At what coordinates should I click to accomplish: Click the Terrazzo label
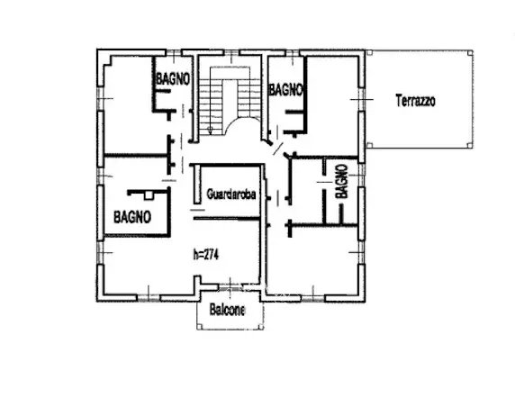[x=415, y=101]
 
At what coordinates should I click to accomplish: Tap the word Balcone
[x=227, y=310]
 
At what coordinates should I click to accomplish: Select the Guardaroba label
[x=231, y=194]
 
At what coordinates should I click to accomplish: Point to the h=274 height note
[x=206, y=255]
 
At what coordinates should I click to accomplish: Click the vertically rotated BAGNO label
[x=341, y=181]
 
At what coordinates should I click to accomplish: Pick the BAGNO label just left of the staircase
[x=173, y=79]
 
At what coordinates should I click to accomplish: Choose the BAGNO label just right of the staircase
[x=285, y=89]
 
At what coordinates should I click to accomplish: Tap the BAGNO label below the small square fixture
[x=132, y=217]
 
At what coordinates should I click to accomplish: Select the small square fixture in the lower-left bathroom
[x=149, y=195]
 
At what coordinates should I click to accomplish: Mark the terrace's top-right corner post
[x=470, y=52]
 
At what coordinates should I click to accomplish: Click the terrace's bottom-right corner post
[x=470, y=145]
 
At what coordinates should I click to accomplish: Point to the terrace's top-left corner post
[x=369, y=52]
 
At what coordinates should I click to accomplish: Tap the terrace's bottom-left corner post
[x=369, y=145]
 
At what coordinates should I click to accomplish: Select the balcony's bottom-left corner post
[x=199, y=327]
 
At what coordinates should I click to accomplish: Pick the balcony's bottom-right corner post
[x=261, y=327]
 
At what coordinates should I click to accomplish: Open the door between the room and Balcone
[x=230, y=288]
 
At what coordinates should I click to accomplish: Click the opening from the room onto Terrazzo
[x=362, y=99]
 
